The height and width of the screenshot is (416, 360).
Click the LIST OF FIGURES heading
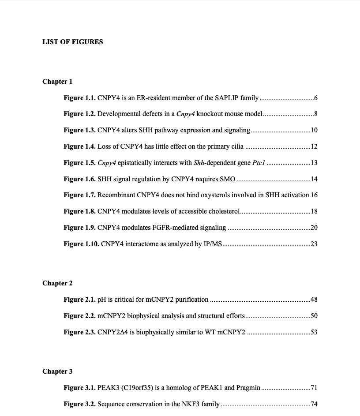(72, 42)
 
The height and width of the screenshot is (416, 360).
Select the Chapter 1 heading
(57, 82)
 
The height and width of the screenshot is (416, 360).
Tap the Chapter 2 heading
(57, 283)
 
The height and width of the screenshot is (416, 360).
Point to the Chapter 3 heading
(57, 371)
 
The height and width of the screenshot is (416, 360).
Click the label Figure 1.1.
(79, 98)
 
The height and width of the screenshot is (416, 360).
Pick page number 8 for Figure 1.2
(315, 114)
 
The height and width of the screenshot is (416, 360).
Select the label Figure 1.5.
(79, 163)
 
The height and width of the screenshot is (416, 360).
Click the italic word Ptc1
(259, 163)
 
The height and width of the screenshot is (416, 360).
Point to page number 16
(314, 195)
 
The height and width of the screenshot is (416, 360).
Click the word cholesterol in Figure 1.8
(223, 211)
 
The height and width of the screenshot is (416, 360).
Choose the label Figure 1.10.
(81, 244)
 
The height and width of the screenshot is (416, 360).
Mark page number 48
(314, 300)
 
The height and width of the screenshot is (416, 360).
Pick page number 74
(314, 404)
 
